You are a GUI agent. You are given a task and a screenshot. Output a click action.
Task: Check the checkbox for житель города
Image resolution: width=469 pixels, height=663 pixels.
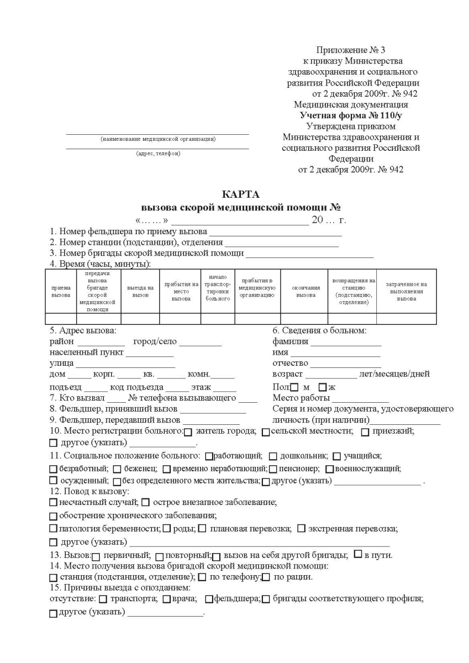[x=188, y=432]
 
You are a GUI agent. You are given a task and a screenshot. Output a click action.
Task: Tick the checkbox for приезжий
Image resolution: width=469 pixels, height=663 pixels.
[x=365, y=432]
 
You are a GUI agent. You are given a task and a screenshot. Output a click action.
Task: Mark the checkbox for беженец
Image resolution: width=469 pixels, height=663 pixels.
[x=117, y=469]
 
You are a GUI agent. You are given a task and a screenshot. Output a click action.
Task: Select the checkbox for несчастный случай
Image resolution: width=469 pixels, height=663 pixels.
[x=53, y=503]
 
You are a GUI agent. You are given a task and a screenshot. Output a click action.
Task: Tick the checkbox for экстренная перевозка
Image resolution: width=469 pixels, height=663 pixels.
[x=301, y=529]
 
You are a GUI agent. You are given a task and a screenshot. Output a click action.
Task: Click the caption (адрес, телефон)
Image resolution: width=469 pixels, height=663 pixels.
[x=158, y=154]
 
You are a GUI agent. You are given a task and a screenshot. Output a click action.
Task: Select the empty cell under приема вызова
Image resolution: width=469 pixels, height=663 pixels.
[x=61, y=318]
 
